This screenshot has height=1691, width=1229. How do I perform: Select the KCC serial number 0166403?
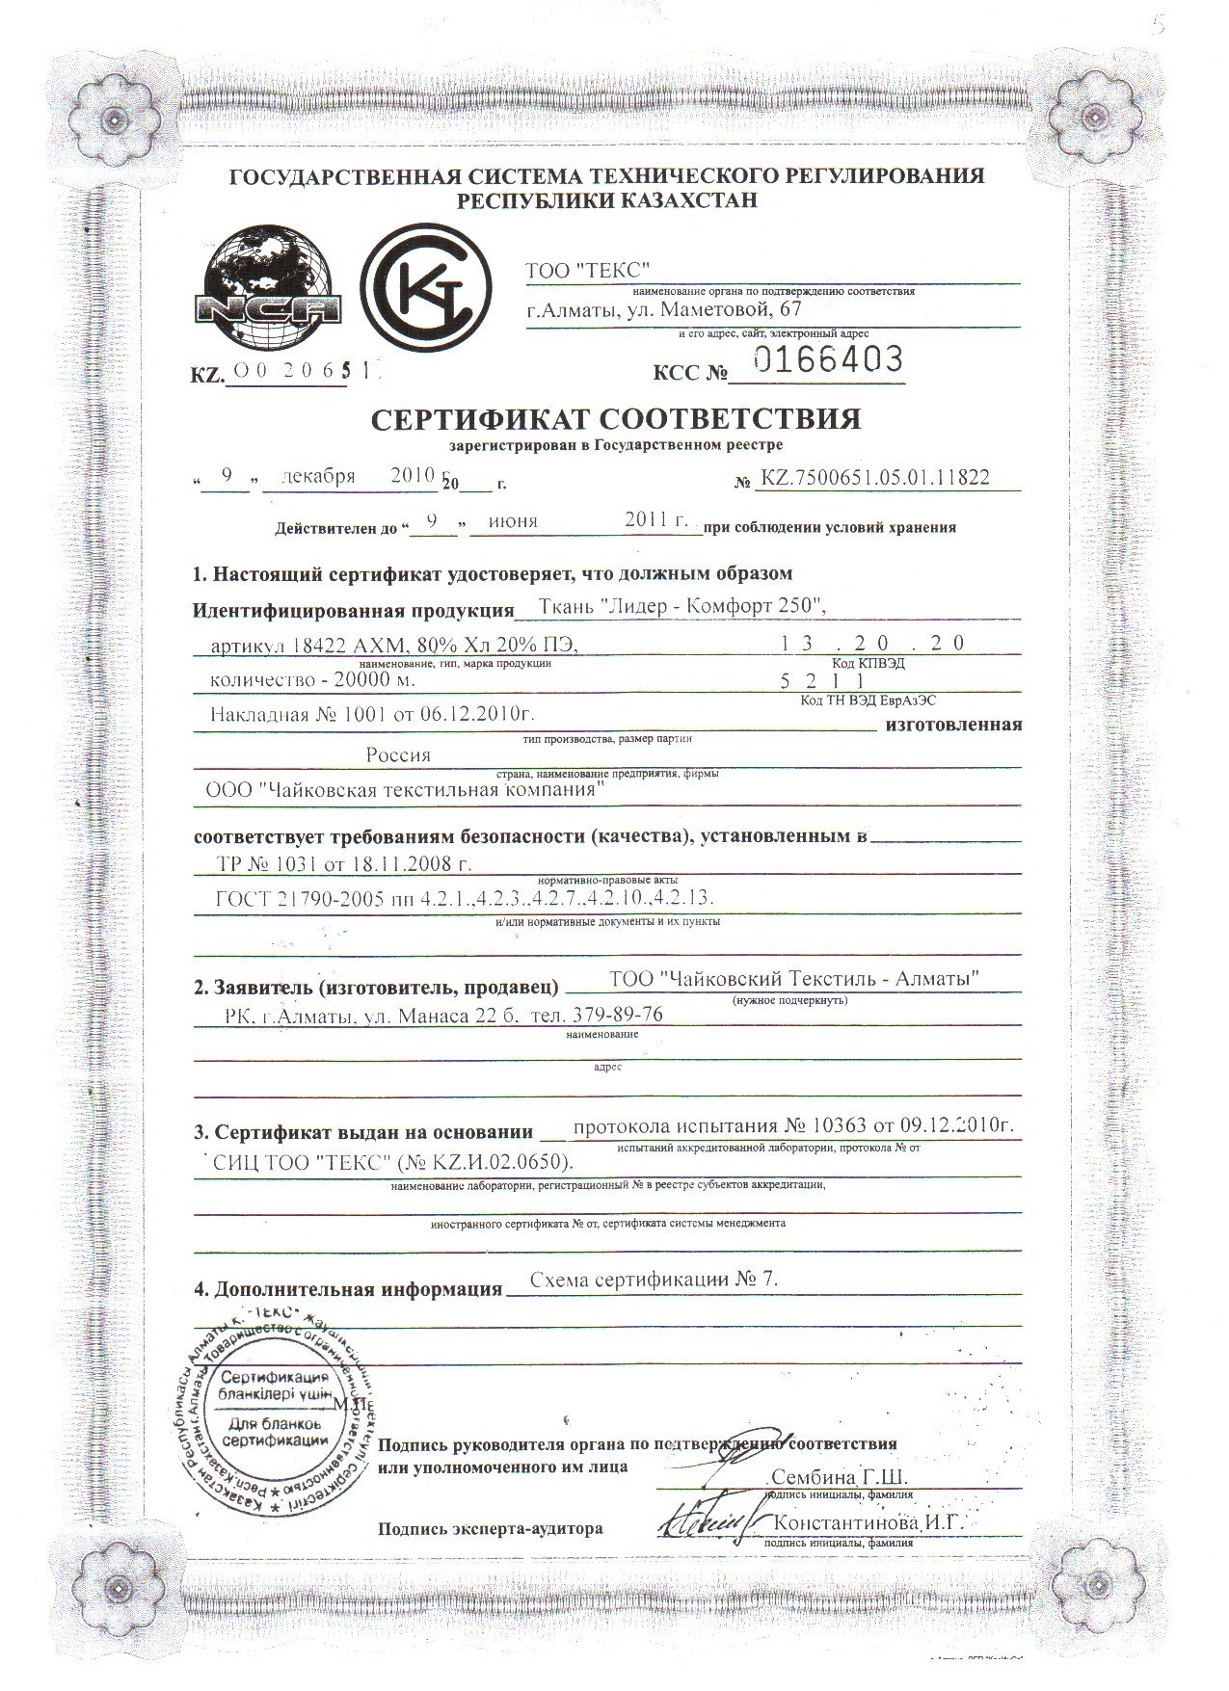(828, 360)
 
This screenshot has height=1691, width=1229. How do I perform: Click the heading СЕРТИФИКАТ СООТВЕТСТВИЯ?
(616, 419)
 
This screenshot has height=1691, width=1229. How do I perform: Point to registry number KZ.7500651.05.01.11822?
(874, 478)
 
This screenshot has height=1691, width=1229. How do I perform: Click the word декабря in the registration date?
(318, 476)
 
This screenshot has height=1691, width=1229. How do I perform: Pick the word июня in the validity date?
(513, 521)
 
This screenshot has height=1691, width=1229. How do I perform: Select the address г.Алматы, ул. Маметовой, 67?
(664, 310)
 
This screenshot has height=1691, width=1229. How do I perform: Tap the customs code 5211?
(822, 681)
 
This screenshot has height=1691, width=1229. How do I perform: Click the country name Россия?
(398, 755)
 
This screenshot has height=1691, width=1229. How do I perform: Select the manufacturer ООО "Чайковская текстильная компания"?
(405, 790)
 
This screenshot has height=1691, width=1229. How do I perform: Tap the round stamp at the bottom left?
(275, 1413)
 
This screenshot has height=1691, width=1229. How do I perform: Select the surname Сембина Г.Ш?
(839, 1477)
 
